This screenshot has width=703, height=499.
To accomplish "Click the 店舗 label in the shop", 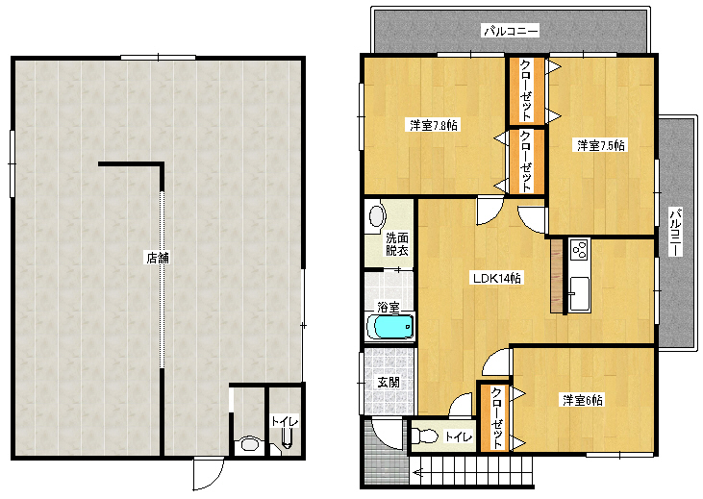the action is pos(158,258).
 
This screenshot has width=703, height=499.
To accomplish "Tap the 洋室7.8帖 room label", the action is pos(434,125).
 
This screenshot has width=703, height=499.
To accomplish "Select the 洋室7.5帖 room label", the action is pos(601,145).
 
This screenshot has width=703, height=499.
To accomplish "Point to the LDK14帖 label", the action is pos(497,278).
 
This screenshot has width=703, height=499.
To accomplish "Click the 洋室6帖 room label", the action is pos(583,399).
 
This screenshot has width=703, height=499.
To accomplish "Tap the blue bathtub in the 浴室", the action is pos(390,326).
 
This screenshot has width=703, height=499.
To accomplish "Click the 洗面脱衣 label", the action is pos(397,244).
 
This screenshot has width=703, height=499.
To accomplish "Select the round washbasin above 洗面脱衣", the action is pos(377,216).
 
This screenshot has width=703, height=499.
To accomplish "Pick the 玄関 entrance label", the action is pos(389,383).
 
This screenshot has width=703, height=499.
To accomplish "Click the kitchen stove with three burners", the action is pos(579,250).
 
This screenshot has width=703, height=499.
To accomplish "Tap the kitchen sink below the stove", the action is pos(579,293).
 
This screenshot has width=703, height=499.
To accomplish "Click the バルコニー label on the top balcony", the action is pos(511,31).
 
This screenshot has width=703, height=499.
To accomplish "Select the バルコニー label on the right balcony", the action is pos(675,232).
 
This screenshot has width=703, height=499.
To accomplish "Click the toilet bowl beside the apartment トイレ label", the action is pos(424,436).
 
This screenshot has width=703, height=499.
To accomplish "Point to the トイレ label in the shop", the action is pos(285,421).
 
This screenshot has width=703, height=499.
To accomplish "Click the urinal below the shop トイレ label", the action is pos(287,438).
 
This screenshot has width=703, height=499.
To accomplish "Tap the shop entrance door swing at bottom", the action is pos(208,474).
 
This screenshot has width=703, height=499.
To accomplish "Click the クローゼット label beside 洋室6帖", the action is pos(497,418).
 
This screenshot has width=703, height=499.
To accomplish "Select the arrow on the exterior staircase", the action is pos(417,472).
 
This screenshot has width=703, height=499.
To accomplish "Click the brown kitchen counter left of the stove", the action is pos(557,275).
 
